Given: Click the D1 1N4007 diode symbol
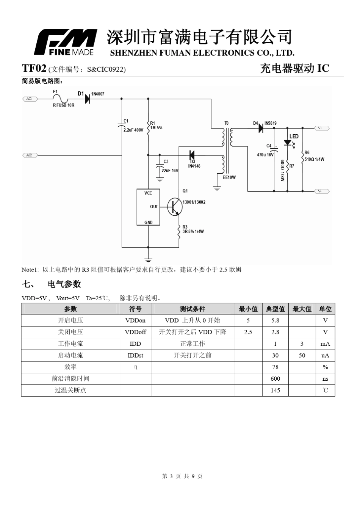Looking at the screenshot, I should [88, 99].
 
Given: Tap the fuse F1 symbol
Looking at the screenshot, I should [60, 99].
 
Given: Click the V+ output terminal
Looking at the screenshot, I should [322, 128].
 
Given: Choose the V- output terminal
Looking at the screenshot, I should [322, 191].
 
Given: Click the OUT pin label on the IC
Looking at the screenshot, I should [154, 207].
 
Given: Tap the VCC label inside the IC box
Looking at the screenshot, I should [148, 193].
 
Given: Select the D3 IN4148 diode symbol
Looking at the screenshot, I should [192, 155].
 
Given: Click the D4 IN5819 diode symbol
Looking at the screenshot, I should [261, 128].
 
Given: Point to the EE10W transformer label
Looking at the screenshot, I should [229, 177].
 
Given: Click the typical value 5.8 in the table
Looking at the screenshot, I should [275, 320].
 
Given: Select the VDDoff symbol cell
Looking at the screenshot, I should [135, 332].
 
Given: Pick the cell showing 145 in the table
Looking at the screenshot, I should [275, 391].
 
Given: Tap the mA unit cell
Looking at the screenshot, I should [325, 344].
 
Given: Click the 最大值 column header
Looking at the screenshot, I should [302, 309].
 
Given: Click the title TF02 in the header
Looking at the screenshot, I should [34, 68].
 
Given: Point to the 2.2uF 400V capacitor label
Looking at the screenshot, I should [133, 130].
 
